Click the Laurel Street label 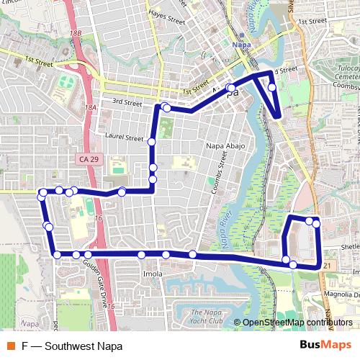coord(124,138)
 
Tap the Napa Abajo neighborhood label coord(226,146)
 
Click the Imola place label coord(153,274)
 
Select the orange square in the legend coord(10,346)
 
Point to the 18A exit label coord(89,107)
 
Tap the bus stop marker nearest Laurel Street coord(152,143)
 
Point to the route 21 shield coord(328,266)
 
